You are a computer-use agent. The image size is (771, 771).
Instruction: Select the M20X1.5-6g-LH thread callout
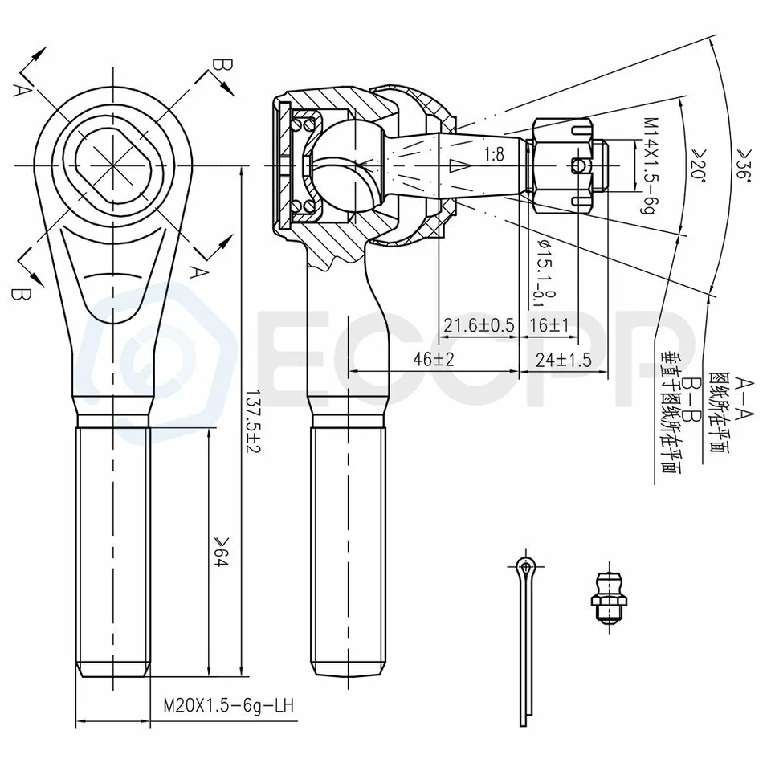click(x=227, y=706)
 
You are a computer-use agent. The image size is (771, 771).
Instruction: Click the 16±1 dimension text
click(x=549, y=324)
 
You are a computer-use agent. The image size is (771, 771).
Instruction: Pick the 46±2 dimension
click(x=434, y=359)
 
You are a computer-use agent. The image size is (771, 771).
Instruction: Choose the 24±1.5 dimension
click(x=564, y=359)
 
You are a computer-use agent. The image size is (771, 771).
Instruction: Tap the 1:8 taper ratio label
click(x=494, y=155)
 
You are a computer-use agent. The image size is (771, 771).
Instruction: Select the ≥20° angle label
click(x=696, y=164)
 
